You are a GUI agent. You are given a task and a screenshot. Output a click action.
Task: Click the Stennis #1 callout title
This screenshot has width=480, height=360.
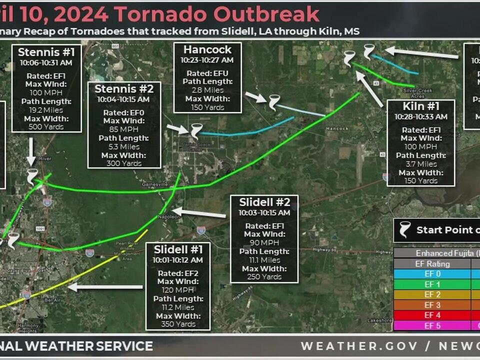pyautogui.click(x=46, y=52)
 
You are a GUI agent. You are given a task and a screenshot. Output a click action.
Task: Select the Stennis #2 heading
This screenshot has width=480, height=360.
pyautogui.click(x=124, y=89)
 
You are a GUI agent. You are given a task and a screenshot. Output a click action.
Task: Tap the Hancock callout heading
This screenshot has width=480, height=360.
pyautogui.click(x=207, y=49)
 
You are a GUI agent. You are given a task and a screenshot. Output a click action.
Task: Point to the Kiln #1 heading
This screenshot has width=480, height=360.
pyautogui.click(x=421, y=106)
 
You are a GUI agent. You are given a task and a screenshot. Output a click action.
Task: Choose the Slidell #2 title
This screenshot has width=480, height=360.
pyautogui.click(x=264, y=202)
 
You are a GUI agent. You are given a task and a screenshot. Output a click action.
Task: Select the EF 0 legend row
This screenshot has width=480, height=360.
pyautogui.click(x=432, y=274)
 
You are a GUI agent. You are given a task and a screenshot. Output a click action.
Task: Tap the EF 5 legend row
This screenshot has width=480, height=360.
pyautogui.click(x=432, y=326)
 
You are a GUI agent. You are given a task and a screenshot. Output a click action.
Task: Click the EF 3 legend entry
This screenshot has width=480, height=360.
pyautogui.click(x=432, y=305)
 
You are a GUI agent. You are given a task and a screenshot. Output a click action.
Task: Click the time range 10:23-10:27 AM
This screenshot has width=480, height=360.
pyautogui.click(x=207, y=60)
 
